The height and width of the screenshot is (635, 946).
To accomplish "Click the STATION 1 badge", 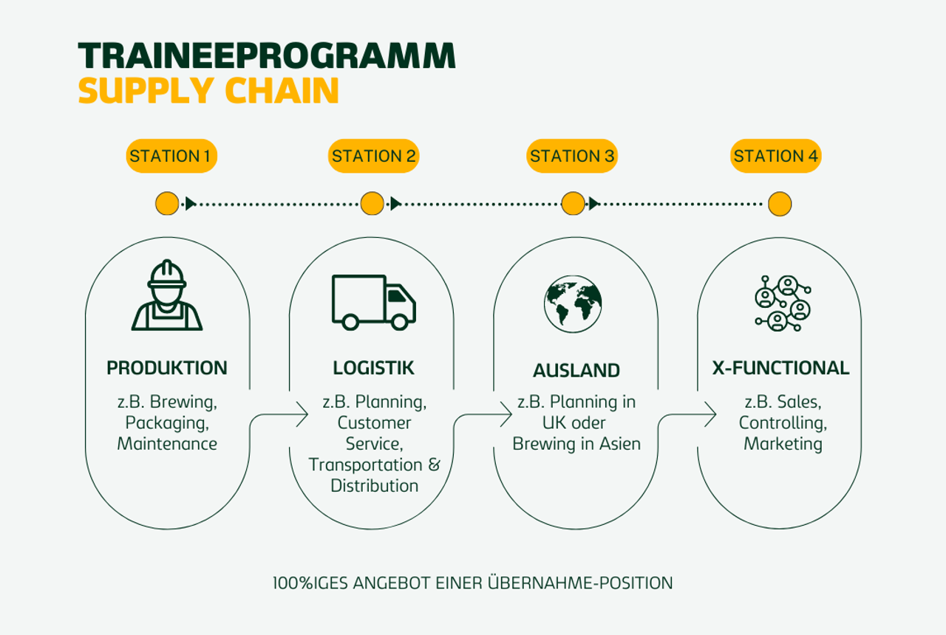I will [171, 156].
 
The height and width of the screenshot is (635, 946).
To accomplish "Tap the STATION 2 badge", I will [374, 156].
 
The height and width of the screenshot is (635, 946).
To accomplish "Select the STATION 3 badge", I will [572, 156].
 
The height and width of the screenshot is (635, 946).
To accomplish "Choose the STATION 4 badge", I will [776, 156].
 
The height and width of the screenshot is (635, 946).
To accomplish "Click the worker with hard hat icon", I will [167, 295].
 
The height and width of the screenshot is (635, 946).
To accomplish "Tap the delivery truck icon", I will [373, 302].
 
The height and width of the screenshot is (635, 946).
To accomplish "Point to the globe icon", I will [573, 303].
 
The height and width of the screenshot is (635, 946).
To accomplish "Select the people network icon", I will [782, 303].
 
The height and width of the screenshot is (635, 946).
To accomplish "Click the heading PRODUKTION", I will [167, 368].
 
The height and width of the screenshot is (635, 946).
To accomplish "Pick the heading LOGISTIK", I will [373, 368].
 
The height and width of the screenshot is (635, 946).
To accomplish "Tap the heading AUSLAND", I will [576, 370].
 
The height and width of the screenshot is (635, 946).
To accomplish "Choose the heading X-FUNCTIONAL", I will [780, 368].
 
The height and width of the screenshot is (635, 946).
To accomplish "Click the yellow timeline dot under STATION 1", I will [167, 203].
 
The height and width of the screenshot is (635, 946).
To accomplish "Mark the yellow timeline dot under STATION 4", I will [780, 203].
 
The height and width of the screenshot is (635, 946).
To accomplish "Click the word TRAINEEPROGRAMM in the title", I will [267, 57].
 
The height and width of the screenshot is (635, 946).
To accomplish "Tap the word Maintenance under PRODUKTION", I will [167, 444].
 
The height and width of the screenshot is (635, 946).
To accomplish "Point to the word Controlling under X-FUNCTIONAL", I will [783, 423].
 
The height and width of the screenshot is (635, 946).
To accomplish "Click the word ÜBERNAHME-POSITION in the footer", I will [580, 583].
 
